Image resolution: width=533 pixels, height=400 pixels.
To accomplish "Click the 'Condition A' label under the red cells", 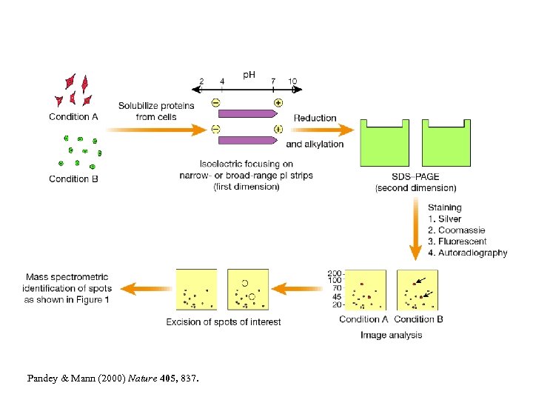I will coord(73,117).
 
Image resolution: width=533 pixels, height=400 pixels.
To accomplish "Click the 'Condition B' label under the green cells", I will coord(73,179).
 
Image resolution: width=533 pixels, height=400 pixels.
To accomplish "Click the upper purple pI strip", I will coord(247,115).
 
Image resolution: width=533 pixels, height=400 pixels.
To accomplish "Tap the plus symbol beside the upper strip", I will coord(278,103).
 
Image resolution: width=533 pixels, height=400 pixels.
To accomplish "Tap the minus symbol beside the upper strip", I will coord(215,103).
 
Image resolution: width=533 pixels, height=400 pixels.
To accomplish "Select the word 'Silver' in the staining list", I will coord(449,219).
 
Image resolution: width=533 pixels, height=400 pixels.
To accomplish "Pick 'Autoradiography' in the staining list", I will coord(473,253).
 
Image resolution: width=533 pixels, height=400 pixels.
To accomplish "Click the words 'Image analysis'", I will coord(391,335).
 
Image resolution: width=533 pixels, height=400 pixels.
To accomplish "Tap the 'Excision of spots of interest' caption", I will coord(223,321).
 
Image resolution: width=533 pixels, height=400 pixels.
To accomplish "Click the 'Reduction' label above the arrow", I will coord(315,118).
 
